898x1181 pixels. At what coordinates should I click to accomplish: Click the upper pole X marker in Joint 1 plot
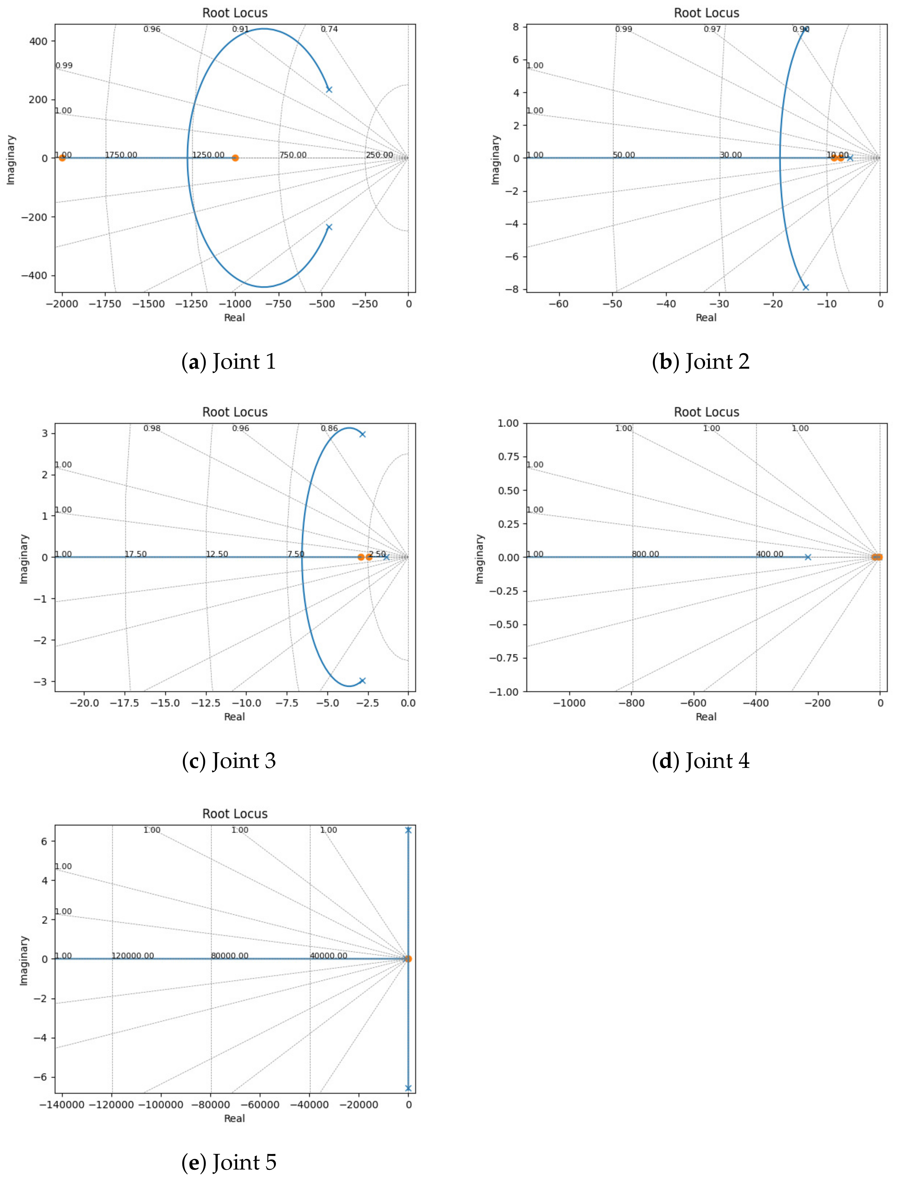point(329,89)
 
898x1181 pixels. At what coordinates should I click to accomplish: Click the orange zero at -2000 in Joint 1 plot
point(62,158)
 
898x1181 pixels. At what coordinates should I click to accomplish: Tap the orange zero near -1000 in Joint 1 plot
point(235,158)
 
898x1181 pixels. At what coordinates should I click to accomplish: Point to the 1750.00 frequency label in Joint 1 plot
point(121,155)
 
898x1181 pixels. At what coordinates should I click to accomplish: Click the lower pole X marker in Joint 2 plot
point(805,287)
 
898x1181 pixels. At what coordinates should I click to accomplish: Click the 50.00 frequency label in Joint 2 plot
point(624,155)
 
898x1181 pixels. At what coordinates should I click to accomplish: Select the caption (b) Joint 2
point(701,362)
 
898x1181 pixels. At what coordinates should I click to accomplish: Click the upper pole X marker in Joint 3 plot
point(362,434)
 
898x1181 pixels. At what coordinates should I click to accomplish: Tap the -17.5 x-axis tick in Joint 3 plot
point(126,703)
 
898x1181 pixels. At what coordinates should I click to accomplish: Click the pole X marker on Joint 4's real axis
point(808,557)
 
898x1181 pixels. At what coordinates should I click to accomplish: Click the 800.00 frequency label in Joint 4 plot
point(645,554)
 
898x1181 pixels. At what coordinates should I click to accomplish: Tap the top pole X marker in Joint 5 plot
point(408,830)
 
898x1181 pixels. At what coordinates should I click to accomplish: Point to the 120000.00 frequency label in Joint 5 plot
point(132,955)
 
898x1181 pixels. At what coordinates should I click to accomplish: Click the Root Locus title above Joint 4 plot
point(706,412)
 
